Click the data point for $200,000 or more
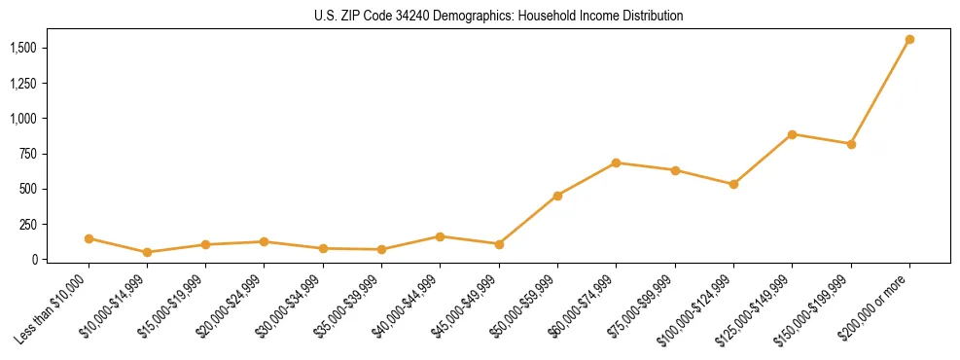909,40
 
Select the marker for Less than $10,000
89,238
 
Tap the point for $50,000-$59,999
557,196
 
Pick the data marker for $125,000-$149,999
793,134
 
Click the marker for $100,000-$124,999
733,184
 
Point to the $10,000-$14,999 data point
147,252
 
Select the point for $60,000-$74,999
616,162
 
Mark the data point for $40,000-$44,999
441,236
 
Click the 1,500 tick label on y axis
24,48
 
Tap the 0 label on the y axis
35,260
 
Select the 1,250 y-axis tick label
24,84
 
